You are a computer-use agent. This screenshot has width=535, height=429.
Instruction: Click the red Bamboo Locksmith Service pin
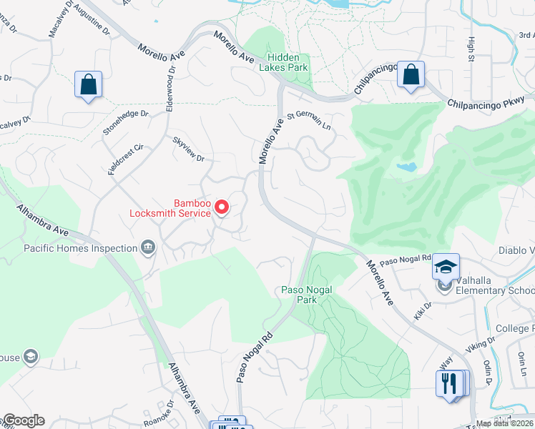coord(222,207)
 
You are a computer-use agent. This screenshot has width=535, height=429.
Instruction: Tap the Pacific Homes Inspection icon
coord(148,248)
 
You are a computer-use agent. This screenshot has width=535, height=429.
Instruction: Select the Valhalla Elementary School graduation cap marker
coord(446,268)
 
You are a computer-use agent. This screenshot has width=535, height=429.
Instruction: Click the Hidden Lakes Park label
coord(288,62)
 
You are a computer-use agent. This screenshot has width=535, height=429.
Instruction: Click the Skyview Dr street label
coord(189,149)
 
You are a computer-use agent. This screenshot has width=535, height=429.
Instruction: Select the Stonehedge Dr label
coord(125,113)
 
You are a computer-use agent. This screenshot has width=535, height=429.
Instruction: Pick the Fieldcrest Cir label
coord(126,157)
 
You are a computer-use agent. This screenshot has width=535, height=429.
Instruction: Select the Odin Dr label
coord(494,373)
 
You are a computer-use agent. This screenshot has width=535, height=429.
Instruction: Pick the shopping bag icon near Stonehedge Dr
coord(88,85)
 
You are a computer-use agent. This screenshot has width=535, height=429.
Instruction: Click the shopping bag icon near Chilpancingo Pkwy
coord(411,74)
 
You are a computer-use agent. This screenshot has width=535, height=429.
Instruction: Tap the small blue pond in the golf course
coord(406,167)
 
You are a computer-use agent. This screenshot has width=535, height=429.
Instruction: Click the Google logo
coord(23,420)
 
